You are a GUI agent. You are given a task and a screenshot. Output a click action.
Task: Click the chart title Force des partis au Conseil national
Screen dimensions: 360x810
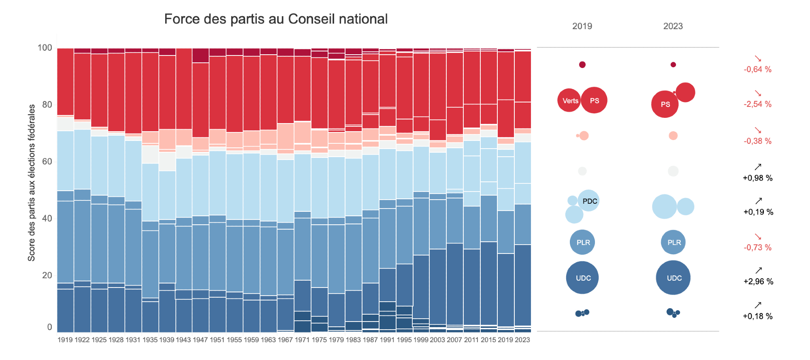tap(276, 19)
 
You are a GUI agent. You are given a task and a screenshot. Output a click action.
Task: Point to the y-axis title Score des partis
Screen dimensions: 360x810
tap(31, 183)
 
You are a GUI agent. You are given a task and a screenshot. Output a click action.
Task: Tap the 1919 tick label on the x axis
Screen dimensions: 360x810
tap(65, 340)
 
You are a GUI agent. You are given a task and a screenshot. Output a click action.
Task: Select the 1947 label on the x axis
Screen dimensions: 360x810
tap(200, 340)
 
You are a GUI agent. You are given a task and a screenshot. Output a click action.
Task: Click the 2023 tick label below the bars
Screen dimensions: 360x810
tap(522, 340)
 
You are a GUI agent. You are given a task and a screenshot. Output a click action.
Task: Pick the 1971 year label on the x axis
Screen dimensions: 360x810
tap(302, 340)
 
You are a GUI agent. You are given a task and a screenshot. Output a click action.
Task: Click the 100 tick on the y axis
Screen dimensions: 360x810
tap(45, 48)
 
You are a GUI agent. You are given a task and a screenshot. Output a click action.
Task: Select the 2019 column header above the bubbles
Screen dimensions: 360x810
tap(582, 26)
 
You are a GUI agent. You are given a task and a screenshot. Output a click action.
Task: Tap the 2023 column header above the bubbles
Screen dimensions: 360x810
tap(673, 26)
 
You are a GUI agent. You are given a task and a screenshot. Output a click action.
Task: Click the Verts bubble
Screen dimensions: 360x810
tap(570, 101)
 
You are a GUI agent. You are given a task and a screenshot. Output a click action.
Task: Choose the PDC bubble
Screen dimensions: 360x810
tap(589, 201)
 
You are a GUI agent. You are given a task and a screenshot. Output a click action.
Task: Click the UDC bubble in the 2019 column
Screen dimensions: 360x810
tap(583, 278)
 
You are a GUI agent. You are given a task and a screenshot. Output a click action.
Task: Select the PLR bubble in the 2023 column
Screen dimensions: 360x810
tap(674, 243)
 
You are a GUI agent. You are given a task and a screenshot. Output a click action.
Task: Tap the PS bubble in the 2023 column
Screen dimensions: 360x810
tap(665, 104)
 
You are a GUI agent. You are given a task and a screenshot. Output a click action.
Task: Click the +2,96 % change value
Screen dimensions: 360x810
tap(758, 282)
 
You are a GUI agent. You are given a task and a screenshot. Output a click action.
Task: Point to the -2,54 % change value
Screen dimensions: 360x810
tap(757, 104)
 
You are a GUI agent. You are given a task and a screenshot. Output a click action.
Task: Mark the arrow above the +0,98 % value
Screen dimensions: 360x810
tap(758, 167)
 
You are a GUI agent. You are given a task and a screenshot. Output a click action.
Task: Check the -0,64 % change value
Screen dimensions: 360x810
tap(757, 70)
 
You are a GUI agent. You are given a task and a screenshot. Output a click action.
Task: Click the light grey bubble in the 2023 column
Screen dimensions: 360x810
tap(673, 171)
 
